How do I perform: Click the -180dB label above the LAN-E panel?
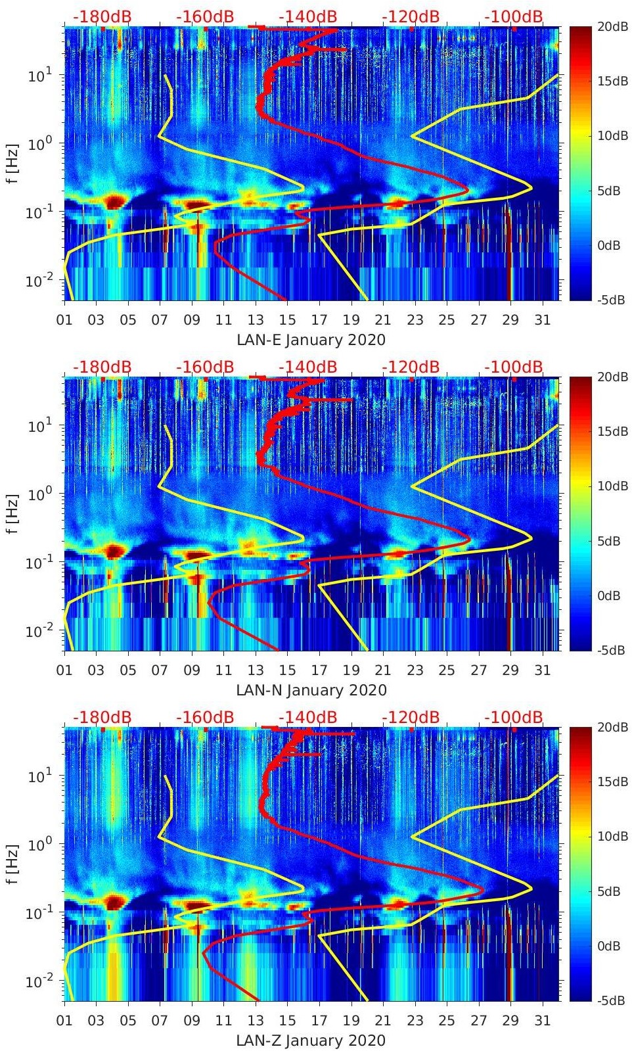[x=102, y=16]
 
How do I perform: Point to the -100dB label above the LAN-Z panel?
[x=514, y=717]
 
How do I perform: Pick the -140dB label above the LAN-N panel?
[x=307, y=367]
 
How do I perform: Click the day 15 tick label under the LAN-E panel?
[x=288, y=320]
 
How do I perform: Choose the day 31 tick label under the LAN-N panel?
[x=542, y=670]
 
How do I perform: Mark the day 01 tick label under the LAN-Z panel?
[x=64, y=1021]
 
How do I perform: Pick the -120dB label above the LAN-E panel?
[x=411, y=16]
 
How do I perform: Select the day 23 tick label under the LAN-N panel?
[x=415, y=670]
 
